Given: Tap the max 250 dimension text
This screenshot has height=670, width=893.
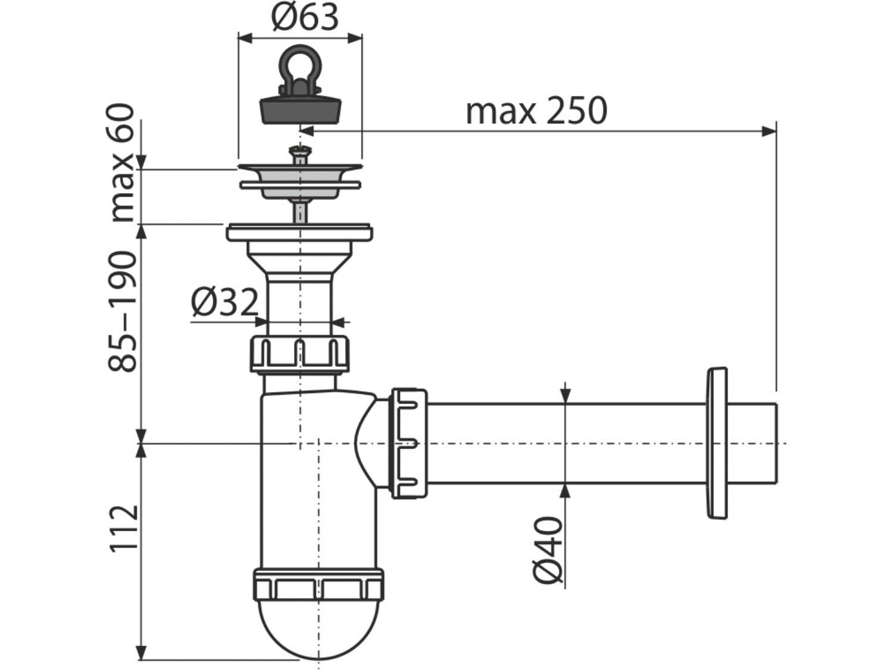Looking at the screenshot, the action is tap(536, 111).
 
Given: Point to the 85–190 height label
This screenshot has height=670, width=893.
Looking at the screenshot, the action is tap(121, 311).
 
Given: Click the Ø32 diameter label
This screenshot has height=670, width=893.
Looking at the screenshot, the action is tap(225, 303).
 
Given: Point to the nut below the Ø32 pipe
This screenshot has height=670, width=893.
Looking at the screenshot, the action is tap(300, 354).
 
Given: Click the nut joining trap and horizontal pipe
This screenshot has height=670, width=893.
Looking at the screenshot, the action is tap(409, 444).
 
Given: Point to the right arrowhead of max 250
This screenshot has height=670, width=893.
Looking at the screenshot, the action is tap(769, 131).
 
